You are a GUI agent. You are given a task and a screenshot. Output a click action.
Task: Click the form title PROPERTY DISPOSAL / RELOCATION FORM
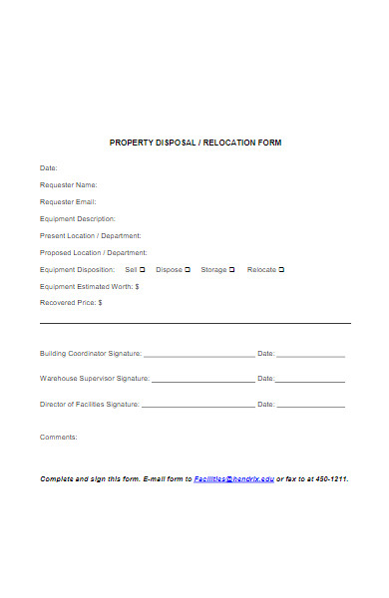[195, 143]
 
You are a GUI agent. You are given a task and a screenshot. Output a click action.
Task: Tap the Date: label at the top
[49, 167]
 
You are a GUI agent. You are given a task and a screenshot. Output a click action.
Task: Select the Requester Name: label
[69, 184]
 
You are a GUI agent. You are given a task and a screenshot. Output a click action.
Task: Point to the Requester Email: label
[68, 201]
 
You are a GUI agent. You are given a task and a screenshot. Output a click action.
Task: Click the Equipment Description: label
[78, 218]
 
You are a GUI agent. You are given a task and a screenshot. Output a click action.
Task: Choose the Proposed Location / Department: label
[94, 252]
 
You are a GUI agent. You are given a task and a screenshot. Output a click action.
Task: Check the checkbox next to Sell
[143, 269]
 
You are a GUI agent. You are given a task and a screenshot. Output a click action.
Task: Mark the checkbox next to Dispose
[188, 269]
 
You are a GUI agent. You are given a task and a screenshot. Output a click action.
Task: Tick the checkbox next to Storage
[232, 269]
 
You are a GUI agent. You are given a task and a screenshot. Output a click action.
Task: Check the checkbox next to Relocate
[281, 269]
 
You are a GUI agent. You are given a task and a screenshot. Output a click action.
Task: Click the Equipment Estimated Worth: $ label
[90, 286]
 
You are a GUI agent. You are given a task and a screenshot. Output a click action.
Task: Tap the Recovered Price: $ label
[71, 302]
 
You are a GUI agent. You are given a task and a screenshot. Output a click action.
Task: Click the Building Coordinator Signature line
[199, 355]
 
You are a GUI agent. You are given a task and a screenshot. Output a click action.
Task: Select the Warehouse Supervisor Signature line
[202, 381]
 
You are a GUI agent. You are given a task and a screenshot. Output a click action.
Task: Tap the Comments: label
[58, 437]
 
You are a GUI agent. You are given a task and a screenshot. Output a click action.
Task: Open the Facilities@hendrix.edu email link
[233, 478]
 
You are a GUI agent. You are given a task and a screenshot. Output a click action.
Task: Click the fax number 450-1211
[331, 478]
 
